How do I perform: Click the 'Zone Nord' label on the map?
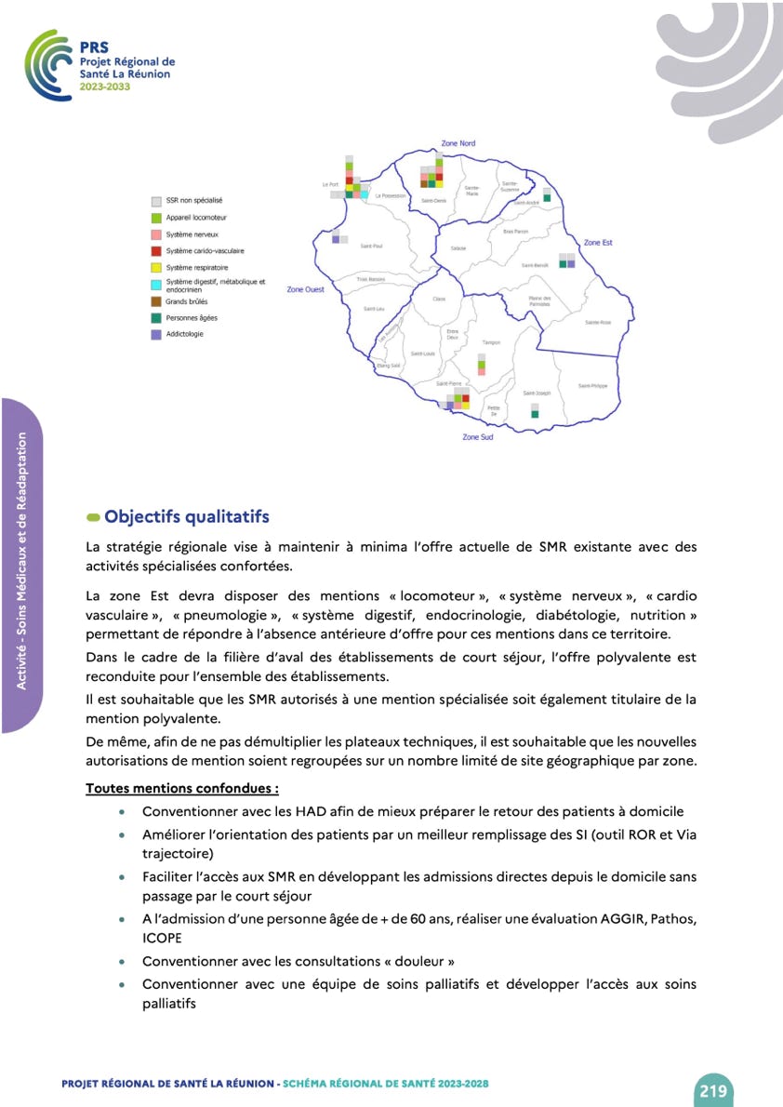pos(458,143)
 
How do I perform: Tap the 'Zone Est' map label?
pos(598,243)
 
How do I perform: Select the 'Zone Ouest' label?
pos(305,290)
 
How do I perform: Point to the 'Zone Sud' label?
pos(478,437)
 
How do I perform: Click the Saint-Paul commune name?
pos(372,247)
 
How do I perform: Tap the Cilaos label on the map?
pos(440,299)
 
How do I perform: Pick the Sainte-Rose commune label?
pos(598,322)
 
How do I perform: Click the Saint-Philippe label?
pos(592,385)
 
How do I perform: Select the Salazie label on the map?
pos(458,247)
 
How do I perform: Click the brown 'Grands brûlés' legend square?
pos(156,301)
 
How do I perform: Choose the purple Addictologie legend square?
pos(156,334)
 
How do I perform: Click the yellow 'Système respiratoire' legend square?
pos(156,268)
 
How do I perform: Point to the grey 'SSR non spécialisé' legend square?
pos(156,200)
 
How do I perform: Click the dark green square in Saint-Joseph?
pos(535,415)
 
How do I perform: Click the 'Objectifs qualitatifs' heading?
pos(187,516)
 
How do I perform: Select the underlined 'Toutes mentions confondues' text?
pos(182,788)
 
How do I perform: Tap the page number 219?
pos(713,1090)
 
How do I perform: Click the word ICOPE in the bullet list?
pos(163,939)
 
